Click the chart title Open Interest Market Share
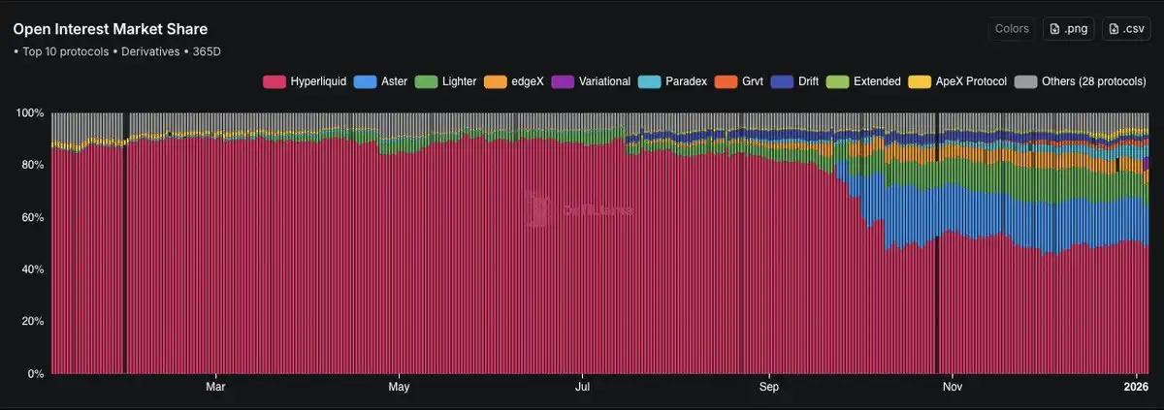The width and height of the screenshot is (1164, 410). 111,29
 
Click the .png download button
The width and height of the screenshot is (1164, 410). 1069,29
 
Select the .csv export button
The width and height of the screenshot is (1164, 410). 1125,29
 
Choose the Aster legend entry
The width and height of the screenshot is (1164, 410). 379,81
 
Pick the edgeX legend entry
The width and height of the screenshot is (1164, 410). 518,81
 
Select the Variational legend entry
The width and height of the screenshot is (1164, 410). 593,81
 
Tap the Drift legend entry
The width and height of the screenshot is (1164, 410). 795,81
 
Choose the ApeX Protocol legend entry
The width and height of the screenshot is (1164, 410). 961,81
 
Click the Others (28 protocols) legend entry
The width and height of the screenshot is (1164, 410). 1082,81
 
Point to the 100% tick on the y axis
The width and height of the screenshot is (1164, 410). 31,113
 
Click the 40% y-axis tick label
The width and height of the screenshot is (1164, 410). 34,269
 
